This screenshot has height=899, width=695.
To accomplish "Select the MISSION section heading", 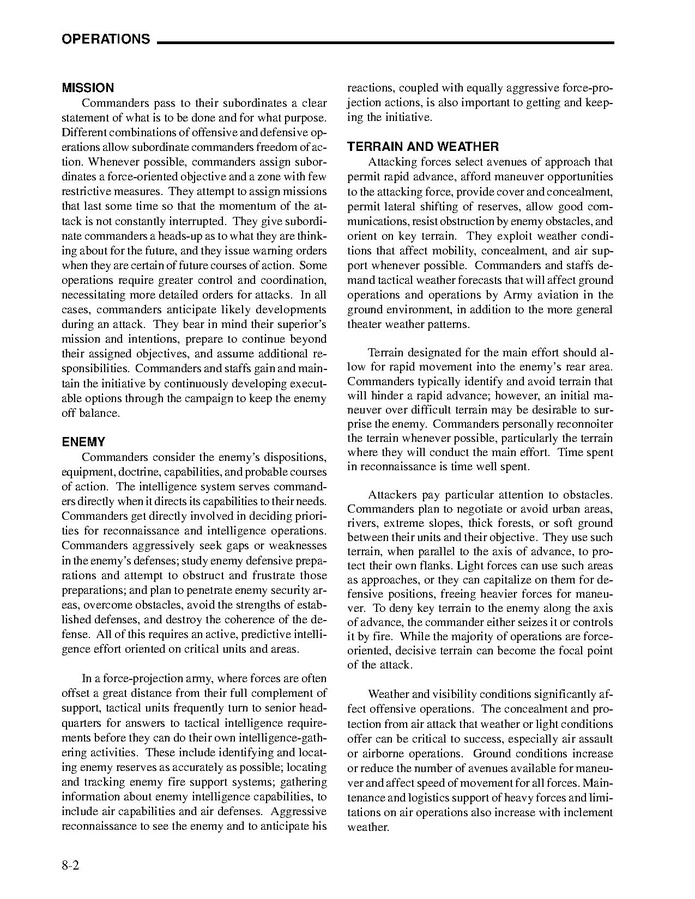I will (88, 87).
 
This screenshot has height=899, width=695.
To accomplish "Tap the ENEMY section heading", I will (84, 441).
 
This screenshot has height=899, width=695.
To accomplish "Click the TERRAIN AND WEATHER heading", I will (423, 147).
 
